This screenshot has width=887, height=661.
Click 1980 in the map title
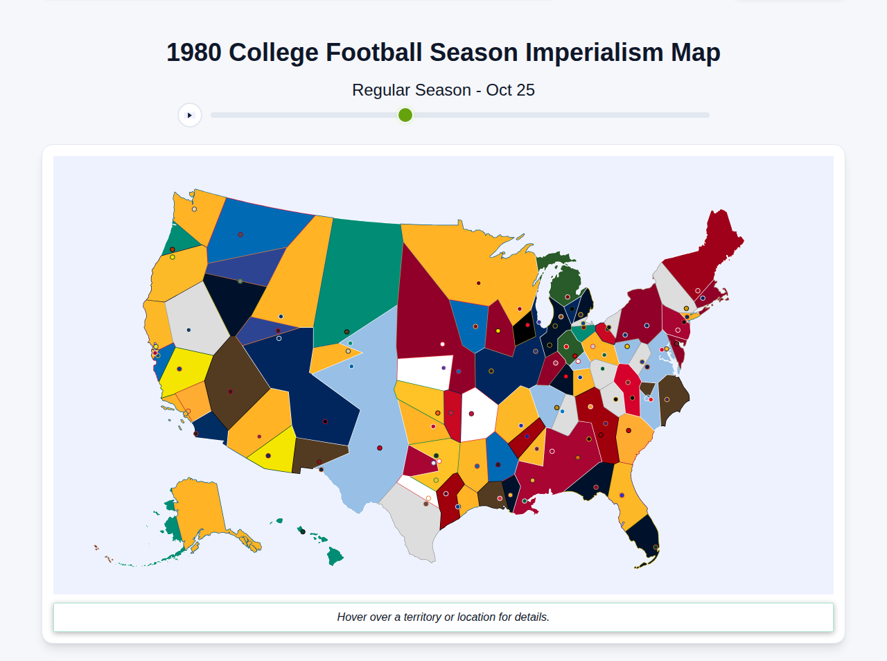tap(194, 53)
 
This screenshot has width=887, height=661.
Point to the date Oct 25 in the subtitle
tap(510, 90)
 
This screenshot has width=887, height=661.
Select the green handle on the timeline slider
tap(405, 115)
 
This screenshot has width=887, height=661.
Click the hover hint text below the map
tap(443, 617)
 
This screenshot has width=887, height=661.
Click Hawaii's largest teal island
tap(335, 556)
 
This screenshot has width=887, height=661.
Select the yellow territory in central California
tap(184, 371)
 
